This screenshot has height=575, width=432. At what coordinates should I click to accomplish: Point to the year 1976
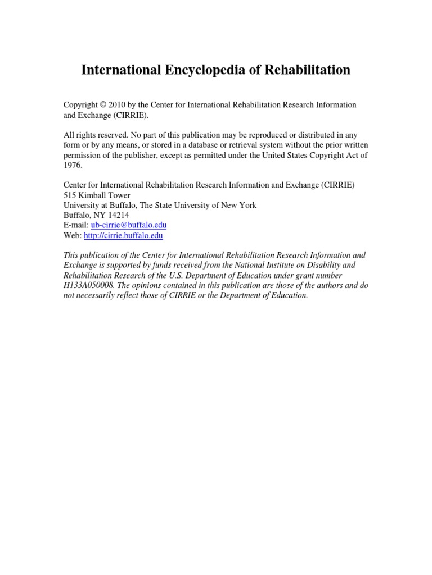tap(73, 165)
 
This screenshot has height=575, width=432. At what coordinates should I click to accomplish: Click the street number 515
tap(70, 195)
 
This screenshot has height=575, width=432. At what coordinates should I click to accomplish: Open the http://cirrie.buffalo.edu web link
tap(123, 236)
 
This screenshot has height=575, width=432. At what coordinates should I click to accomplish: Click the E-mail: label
tap(76, 225)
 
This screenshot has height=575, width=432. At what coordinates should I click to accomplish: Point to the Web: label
tap(73, 236)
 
